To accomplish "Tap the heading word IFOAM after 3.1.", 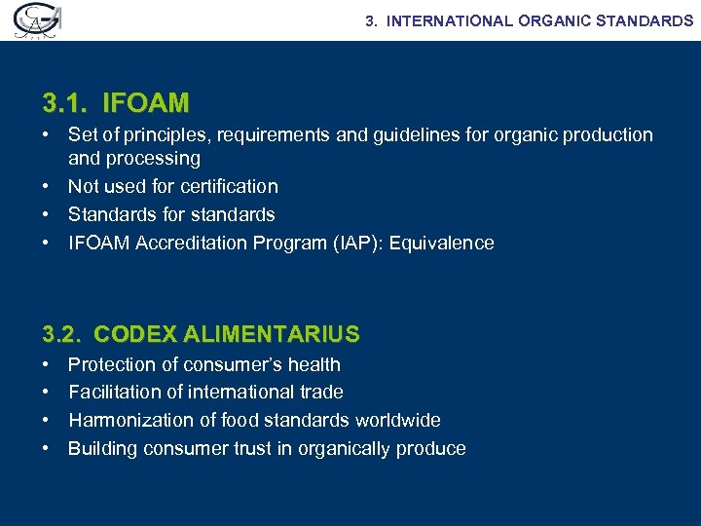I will pos(146,102).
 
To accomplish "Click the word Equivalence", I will pos(442,243).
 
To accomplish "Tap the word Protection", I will pos(112,364).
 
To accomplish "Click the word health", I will pos(314,364).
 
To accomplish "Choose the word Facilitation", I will pos(113,392).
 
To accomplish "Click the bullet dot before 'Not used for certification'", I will pos(48,186).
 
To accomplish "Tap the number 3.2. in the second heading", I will pos(62,335).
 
